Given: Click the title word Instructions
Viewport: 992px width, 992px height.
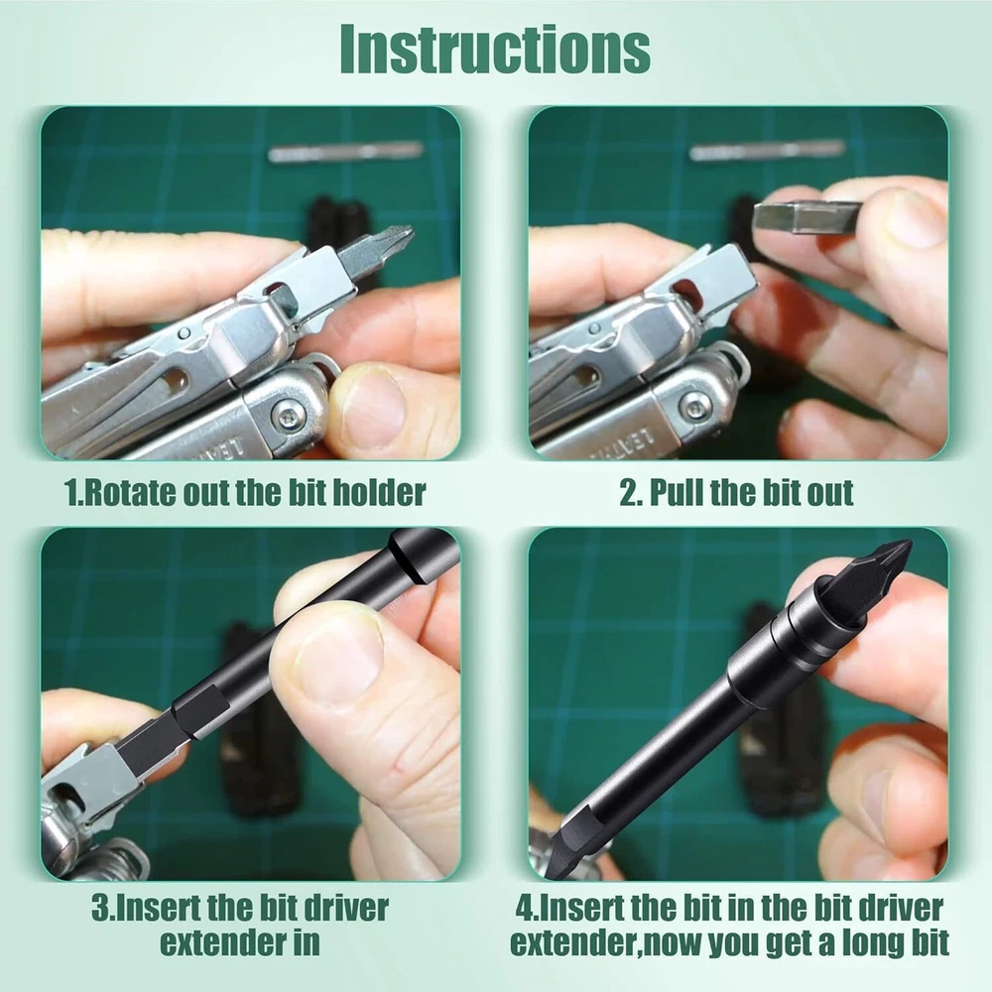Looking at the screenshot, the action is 495,50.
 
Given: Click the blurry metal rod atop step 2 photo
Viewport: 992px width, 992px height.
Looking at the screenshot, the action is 768,151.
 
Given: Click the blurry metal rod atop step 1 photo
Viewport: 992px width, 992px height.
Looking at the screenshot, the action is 345,151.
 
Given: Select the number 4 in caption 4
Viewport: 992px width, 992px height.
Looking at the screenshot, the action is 524,909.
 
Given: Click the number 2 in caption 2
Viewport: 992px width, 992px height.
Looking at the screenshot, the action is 628,493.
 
